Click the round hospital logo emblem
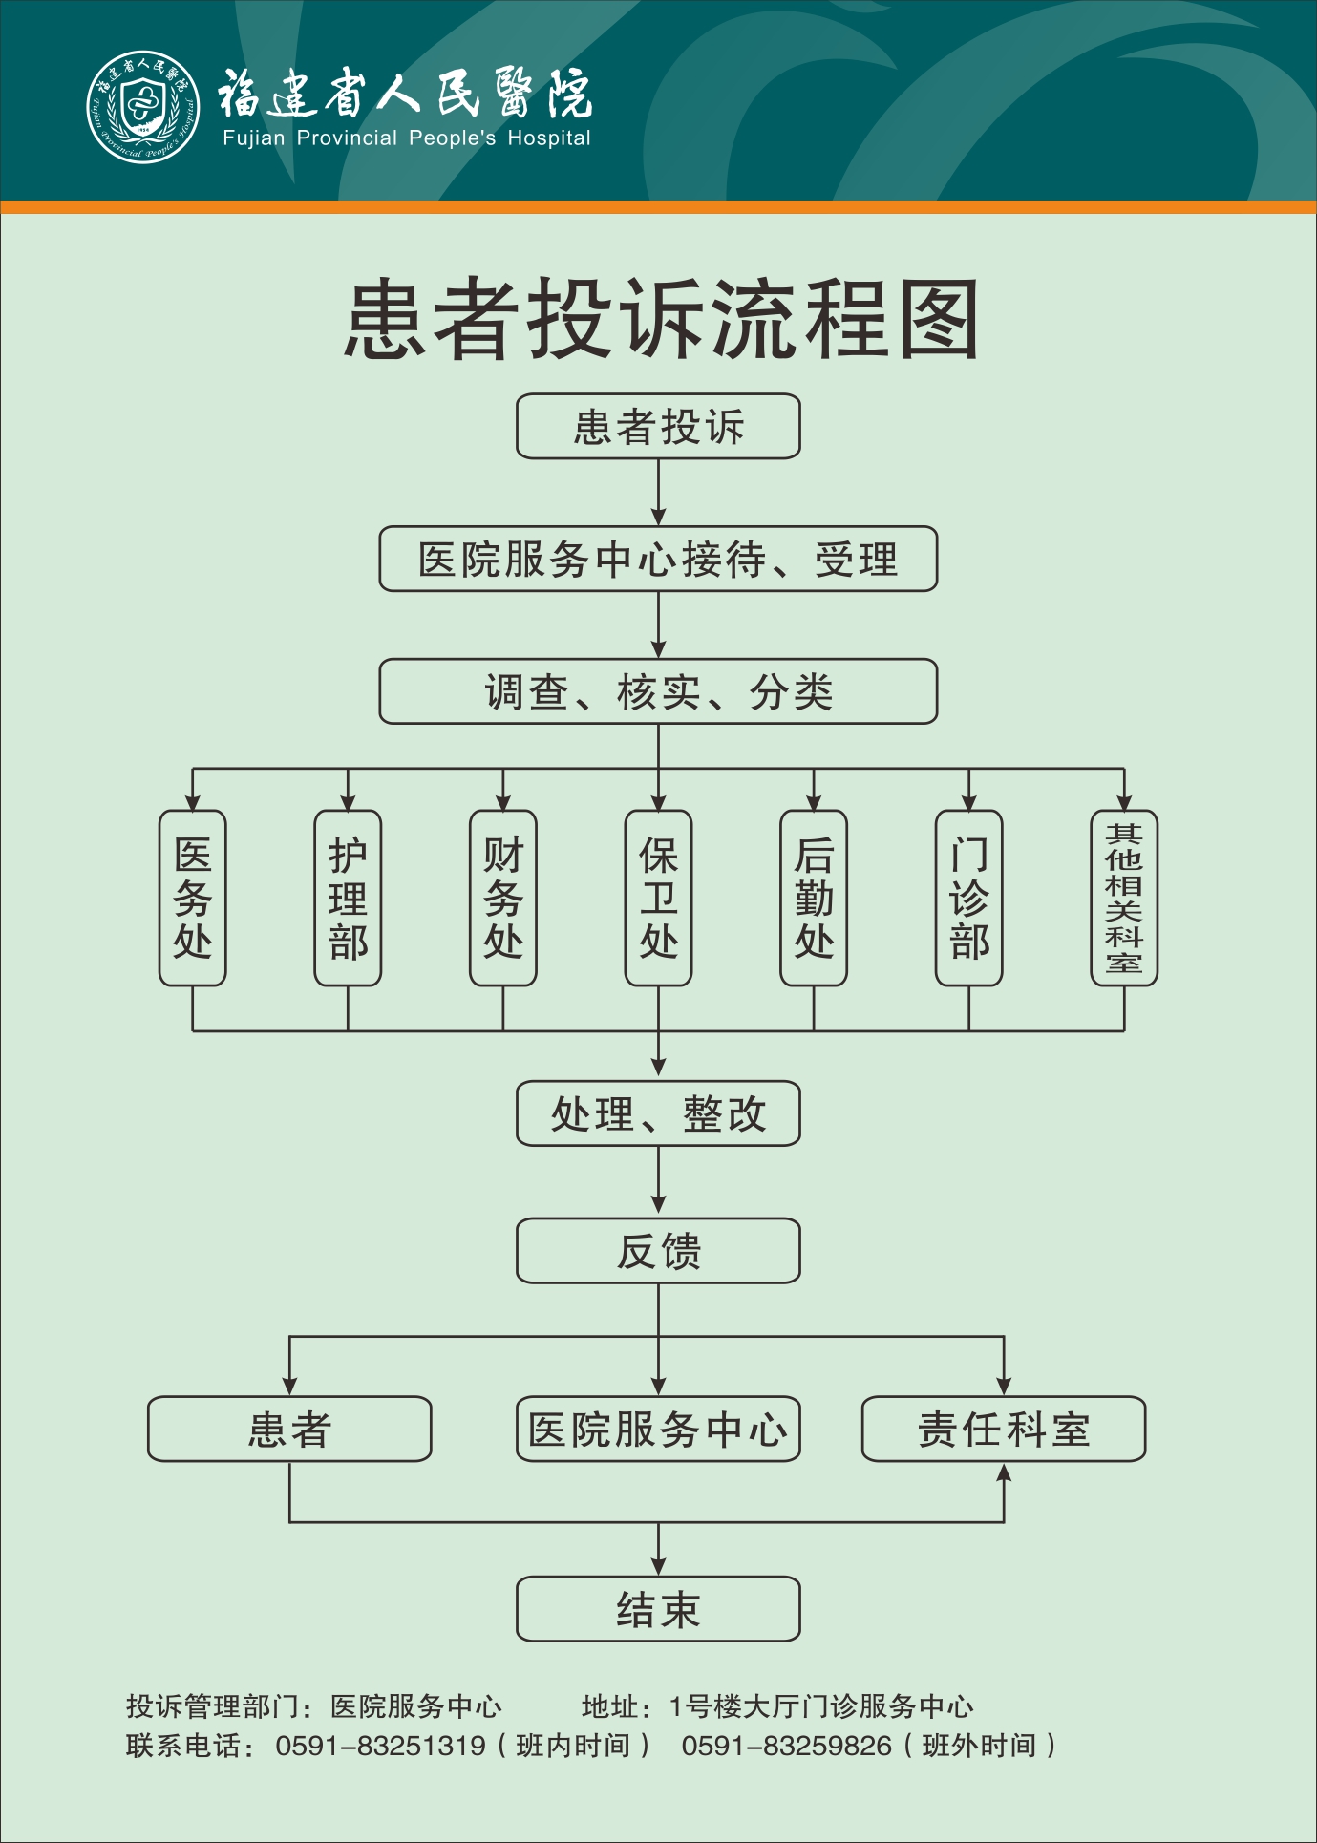[x=143, y=107]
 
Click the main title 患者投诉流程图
[x=661, y=320]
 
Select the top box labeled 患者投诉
[x=658, y=427]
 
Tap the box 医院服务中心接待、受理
[x=658, y=560]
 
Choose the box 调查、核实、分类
[x=658, y=691]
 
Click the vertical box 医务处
[x=193, y=898]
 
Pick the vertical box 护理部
[x=348, y=898]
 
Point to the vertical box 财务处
[x=503, y=898]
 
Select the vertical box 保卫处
[x=658, y=898]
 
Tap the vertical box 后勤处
[x=814, y=898]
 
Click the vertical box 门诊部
[x=968, y=898]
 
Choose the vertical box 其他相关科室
[x=1124, y=898]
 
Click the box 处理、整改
[x=658, y=1113]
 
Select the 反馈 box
[x=658, y=1251]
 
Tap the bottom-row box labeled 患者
[x=289, y=1430]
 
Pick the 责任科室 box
[x=1004, y=1430]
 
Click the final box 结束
[x=658, y=1609]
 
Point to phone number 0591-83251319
[x=380, y=1747]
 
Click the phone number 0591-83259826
[x=786, y=1747]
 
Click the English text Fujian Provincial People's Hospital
[x=407, y=138]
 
